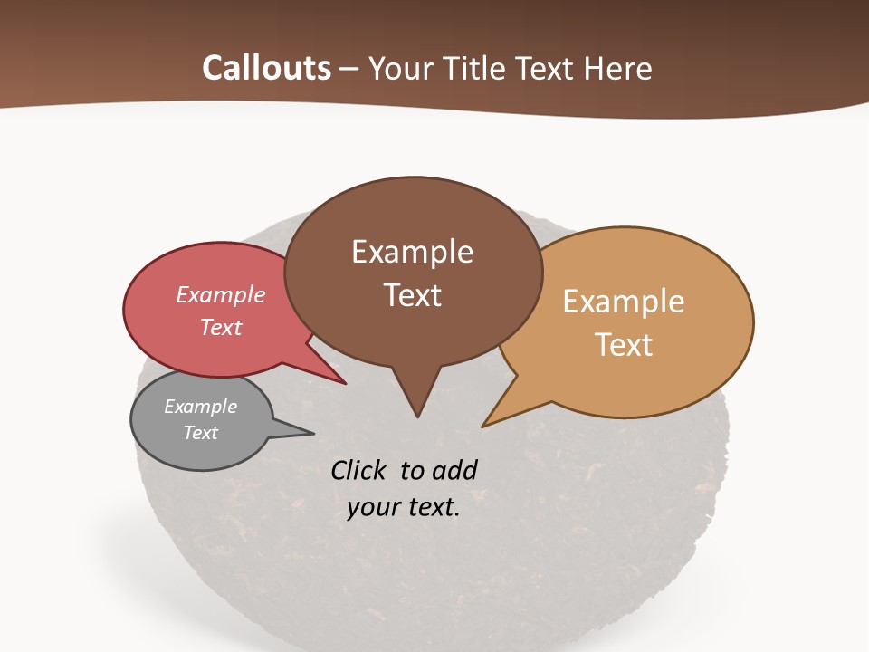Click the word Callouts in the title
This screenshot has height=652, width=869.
(266, 68)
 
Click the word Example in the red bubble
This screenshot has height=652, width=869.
(221, 294)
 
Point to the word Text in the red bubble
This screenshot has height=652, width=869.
(221, 327)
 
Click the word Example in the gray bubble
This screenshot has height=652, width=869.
(201, 407)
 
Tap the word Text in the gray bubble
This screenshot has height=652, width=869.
(201, 433)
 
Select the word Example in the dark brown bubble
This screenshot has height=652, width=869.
(413, 252)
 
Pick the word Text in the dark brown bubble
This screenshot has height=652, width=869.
(413, 295)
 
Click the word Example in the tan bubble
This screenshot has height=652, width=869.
(624, 302)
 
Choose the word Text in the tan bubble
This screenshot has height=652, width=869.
(624, 345)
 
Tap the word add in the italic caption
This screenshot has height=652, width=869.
(454, 470)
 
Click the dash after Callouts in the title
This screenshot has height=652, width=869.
(350, 69)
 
